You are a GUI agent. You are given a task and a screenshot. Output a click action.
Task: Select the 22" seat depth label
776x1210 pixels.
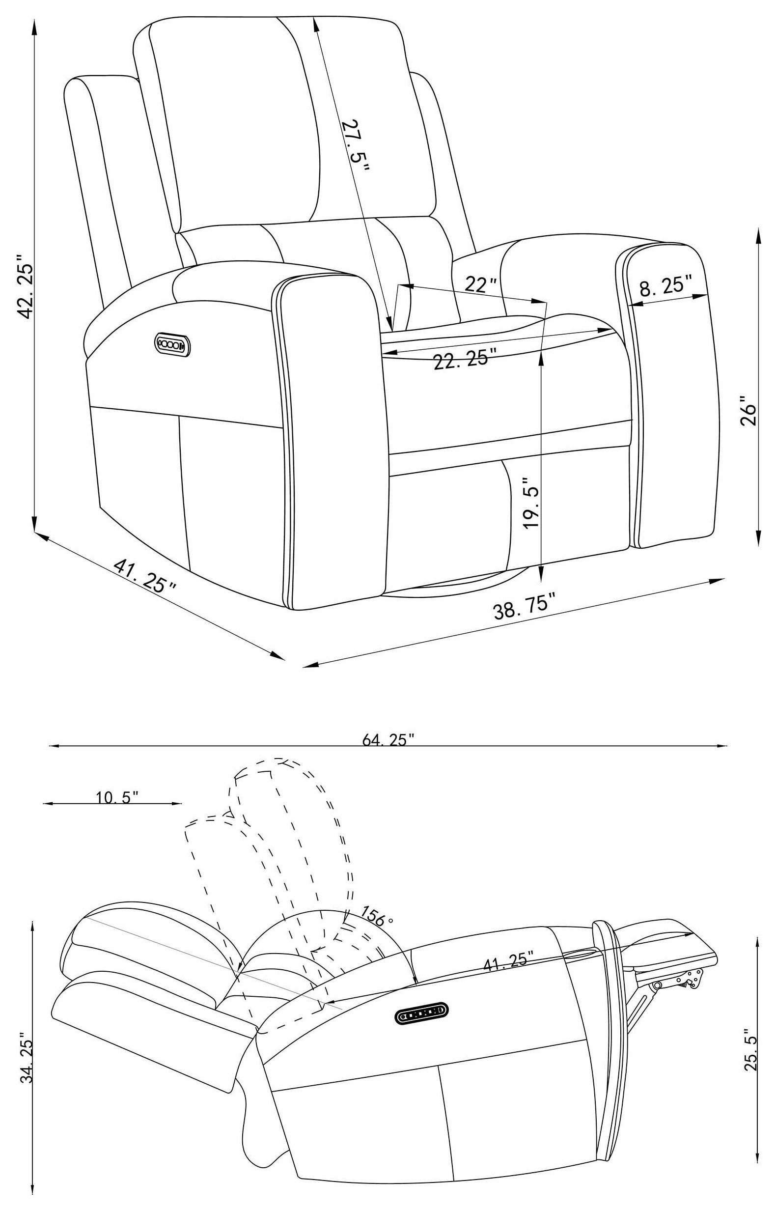(480, 285)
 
